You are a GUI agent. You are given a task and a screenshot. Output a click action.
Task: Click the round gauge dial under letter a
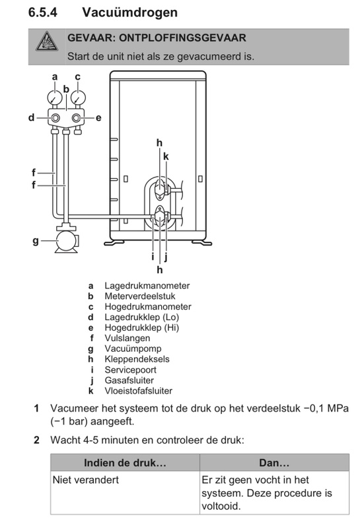(55, 97)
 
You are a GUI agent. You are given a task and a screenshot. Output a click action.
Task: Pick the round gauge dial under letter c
(78, 97)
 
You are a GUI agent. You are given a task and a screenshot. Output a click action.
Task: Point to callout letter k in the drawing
(166, 156)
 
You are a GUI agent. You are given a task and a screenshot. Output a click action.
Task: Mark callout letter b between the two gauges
(66, 88)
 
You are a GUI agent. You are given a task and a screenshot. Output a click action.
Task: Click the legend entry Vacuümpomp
(132, 348)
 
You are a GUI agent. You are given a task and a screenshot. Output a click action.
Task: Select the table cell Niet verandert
(86, 480)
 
